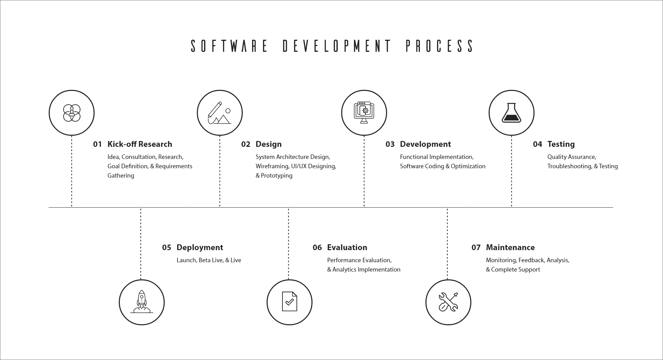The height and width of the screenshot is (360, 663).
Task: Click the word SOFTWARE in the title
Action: coord(229,46)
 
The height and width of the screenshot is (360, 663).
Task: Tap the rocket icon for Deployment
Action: coord(142,302)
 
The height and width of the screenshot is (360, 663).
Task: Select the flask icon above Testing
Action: coord(511,113)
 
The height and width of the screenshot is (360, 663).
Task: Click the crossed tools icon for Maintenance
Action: coord(448,302)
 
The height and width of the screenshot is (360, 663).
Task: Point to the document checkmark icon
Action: coord(289,302)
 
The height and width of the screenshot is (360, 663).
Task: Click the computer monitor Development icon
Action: coord(364,113)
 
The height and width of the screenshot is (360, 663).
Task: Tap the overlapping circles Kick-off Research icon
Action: coord(71,113)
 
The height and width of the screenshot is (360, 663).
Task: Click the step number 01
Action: coord(97,144)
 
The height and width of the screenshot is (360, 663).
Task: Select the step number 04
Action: coord(537,144)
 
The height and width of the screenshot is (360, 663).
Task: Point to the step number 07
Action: coord(476,247)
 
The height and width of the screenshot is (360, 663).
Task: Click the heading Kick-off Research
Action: coord(140,144)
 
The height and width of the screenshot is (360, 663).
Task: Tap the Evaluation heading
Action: coord(347,247)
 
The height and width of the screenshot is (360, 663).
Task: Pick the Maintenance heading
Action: coord(510,247)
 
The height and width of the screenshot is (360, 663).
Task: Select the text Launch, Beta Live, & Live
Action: coord(209,260)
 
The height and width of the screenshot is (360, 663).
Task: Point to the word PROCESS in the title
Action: coord(439,46)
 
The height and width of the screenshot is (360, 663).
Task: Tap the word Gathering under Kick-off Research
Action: coord(121,176)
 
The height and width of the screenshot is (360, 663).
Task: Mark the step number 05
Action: coord(166,247)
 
